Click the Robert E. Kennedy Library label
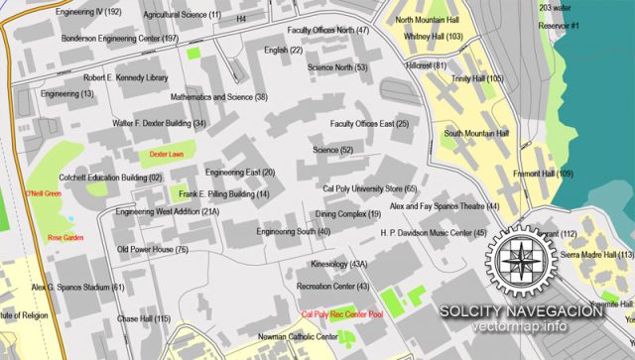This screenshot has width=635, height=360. pyautogui.click(x=126, y=77)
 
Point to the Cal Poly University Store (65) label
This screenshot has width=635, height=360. pyautogui.click(x=369, y=188)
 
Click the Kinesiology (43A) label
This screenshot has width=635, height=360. pyautogui.click(x=338, y=265)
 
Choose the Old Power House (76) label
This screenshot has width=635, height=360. pyautogui.click(x=153, y=250)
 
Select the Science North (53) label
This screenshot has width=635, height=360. pyautogui.click(x=337, y=67)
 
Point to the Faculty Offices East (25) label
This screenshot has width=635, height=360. pyautogui.click(x=369, y=124)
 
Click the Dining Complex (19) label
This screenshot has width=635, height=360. pyautogui.click(x=347, y=214)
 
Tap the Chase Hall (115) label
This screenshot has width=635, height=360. pyautogui.click(x=144, y=318)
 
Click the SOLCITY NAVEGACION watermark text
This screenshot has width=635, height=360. pyautogui.click(x=524, y=311)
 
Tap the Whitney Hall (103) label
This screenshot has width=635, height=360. pyautogui.click(x=434, y=37)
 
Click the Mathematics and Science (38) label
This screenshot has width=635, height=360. pyautogui.click(x=219, y=97)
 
